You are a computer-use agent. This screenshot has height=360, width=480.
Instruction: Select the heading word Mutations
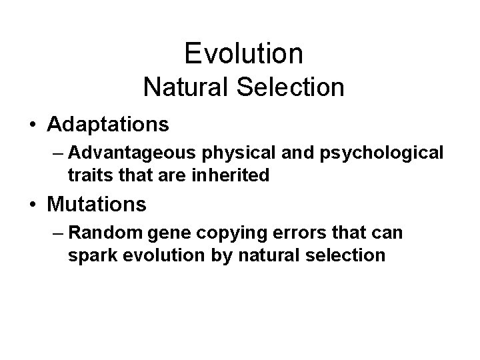[97, 204]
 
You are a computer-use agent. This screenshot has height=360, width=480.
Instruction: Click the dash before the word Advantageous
[56, 154]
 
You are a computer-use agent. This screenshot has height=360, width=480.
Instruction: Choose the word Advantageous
[129, 153]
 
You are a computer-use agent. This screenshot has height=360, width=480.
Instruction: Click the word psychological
[387, 153]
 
